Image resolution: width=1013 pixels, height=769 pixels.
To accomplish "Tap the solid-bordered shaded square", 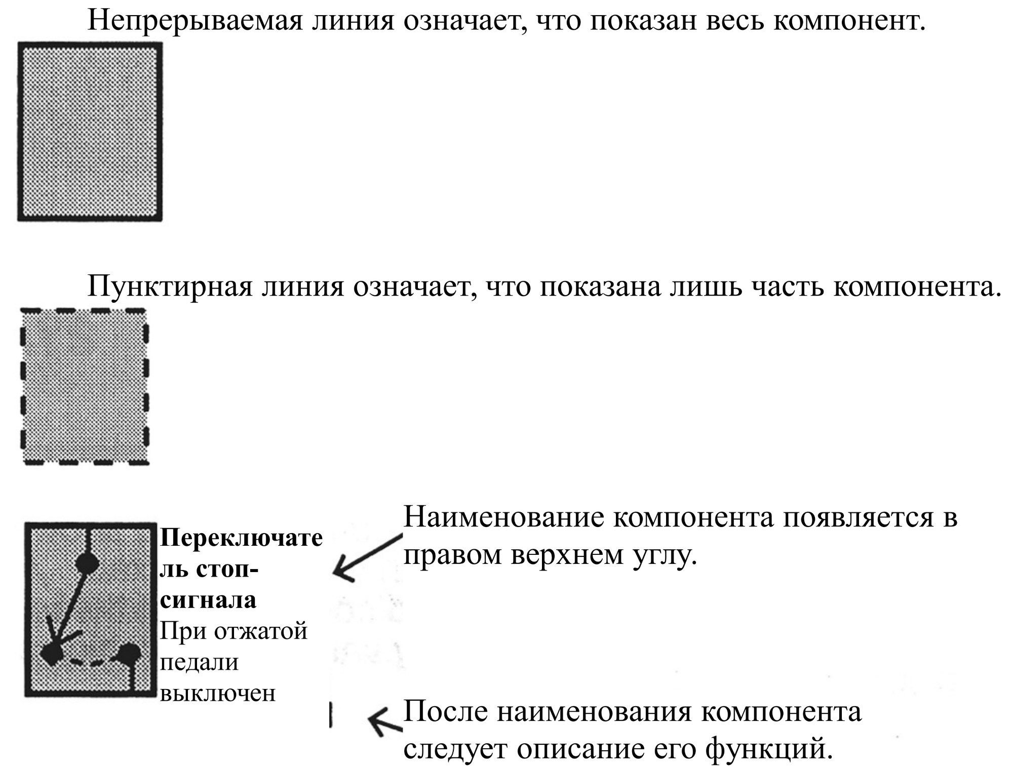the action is (90, 132).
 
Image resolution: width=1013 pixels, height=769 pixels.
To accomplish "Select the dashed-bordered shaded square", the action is (85, 386).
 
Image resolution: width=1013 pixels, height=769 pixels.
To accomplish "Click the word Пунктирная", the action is (170, 287).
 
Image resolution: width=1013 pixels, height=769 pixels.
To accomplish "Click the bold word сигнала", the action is (208, 601).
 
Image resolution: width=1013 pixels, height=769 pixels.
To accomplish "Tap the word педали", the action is (199, 663).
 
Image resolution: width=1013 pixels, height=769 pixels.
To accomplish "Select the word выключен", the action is (218, 693).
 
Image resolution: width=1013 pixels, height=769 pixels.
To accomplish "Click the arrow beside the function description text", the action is (385, 721).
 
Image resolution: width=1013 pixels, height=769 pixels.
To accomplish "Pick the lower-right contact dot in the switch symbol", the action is (128, 654).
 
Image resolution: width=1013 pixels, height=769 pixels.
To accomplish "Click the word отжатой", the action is (261, 632).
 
